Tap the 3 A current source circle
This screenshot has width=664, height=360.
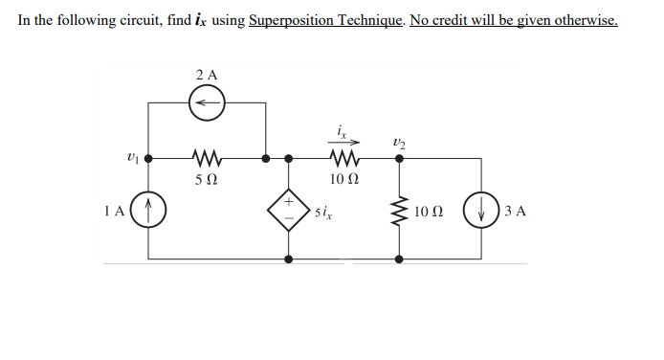point(479,210)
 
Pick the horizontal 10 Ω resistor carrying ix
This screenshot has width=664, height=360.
point(342,155)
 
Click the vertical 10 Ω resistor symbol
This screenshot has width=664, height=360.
point(399,210)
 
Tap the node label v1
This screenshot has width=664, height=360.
point(131,155)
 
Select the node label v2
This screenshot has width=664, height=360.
point(400,139)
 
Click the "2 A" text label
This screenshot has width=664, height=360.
point(206,74)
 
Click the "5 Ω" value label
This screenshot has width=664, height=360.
point(206,179)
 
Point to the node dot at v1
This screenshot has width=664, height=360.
point(148,155)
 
